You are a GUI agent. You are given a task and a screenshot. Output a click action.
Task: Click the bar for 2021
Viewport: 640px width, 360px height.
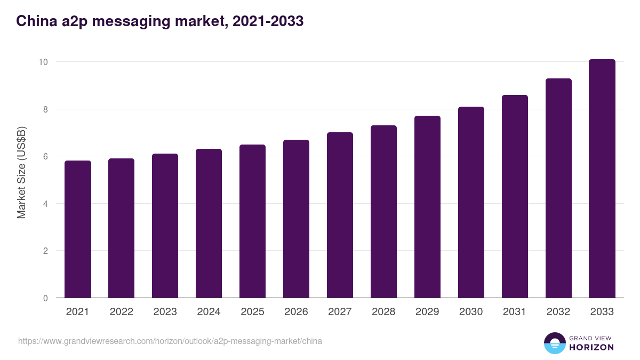(78, 229)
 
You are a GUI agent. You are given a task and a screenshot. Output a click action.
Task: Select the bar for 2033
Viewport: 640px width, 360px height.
(602, 179)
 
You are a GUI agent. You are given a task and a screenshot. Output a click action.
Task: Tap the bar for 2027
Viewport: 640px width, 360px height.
(340, 215)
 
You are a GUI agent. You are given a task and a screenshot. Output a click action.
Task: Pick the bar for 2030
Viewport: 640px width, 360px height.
(471, 202)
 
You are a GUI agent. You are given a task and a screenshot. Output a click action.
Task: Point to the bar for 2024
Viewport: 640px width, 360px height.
(209, 223)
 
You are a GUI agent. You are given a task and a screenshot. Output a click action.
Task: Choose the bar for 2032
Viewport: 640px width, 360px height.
(558, 188)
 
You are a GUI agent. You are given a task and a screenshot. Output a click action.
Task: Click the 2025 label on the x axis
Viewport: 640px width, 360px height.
(252, 312)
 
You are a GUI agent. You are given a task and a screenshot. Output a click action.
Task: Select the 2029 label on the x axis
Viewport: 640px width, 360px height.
(427, 312)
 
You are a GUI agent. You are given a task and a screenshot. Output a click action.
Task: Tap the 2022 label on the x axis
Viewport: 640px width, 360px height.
(121, 312)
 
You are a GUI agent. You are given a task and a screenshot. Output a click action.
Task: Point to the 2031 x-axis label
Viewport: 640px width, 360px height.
(515, 312)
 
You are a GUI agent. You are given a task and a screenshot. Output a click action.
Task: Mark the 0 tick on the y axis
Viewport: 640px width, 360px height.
(45, 298)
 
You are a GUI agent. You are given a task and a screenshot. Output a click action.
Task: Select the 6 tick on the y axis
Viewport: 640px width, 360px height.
(45, 156)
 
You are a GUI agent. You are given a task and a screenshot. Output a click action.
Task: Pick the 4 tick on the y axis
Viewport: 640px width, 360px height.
(45, 204)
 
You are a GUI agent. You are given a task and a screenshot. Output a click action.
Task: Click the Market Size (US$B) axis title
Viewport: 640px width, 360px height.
(22, 172)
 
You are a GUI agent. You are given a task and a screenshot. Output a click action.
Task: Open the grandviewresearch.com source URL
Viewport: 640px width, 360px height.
(170, 341)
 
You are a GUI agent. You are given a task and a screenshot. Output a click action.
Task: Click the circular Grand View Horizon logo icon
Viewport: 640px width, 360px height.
(555, 343)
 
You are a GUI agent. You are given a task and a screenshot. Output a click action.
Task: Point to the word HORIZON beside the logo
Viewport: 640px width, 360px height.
(592, 347)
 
